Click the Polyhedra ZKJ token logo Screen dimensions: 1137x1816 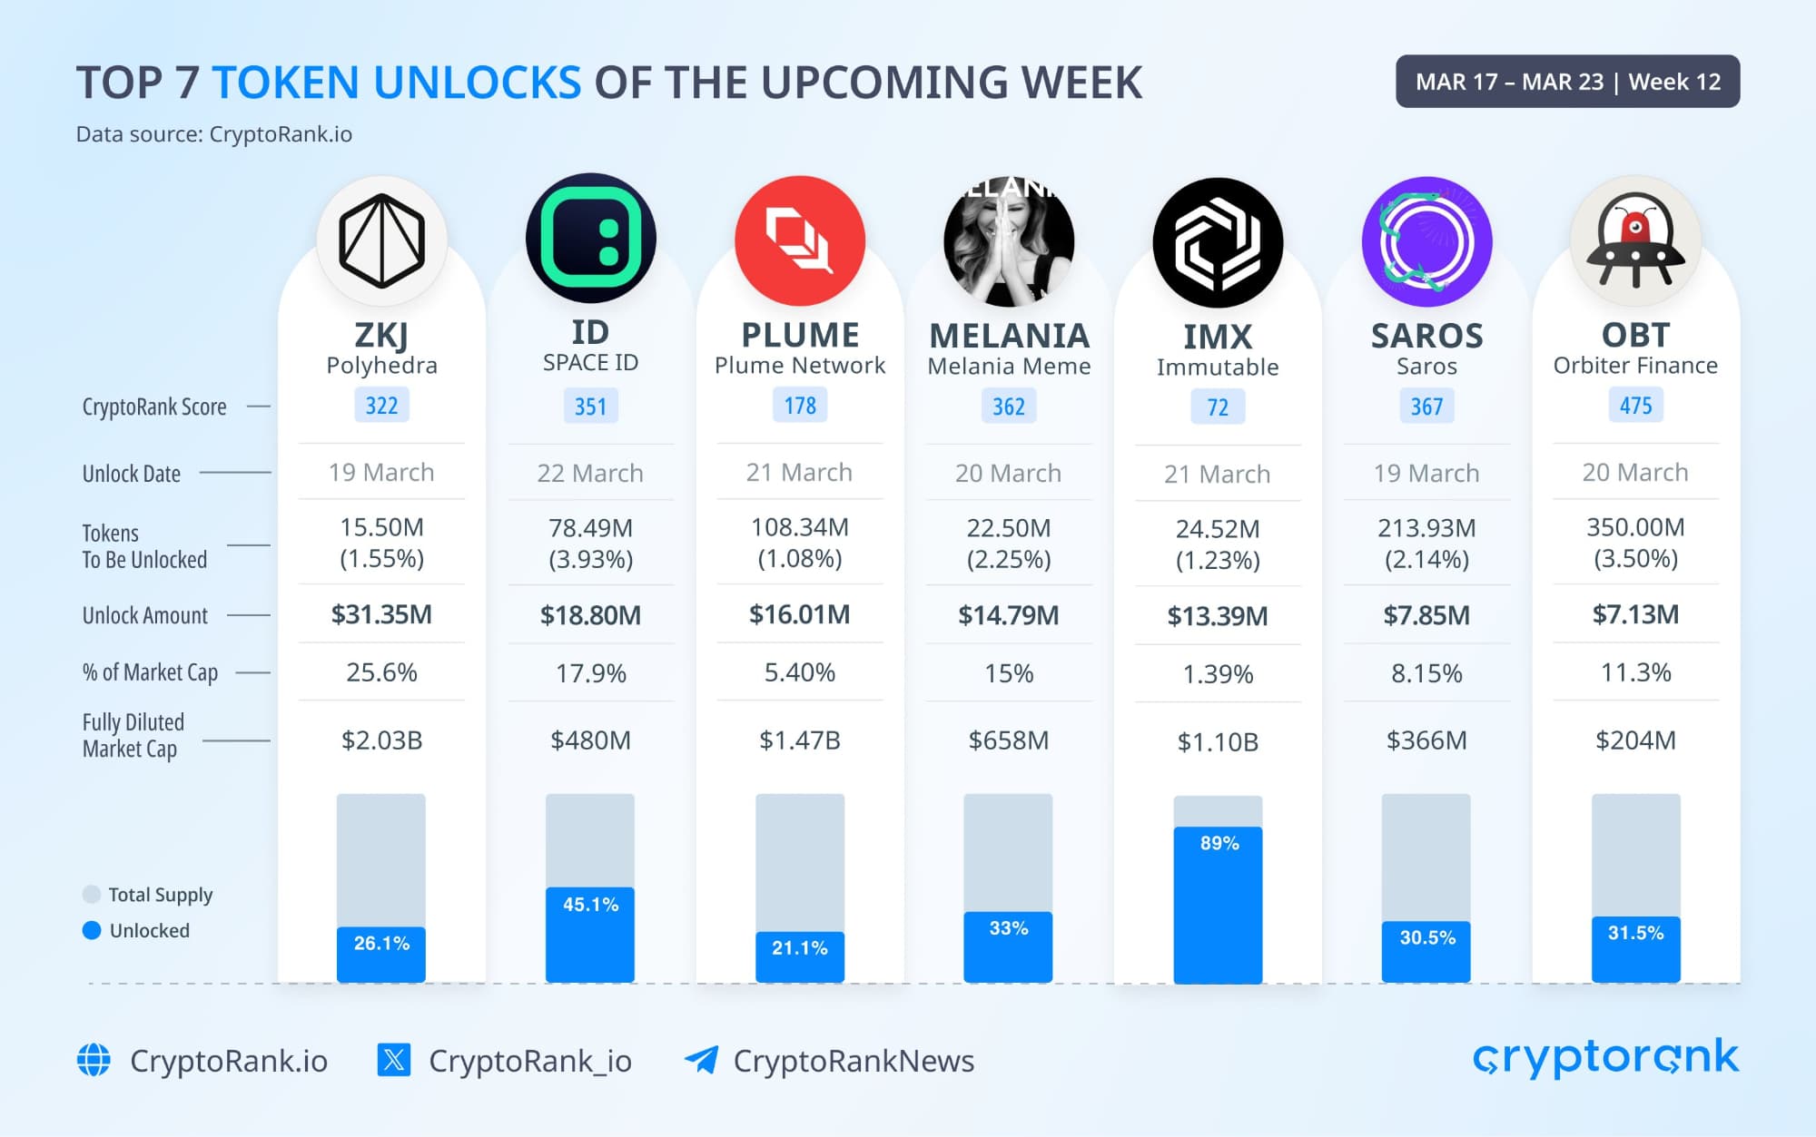[381, 240]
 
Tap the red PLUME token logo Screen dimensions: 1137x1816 [799, 240]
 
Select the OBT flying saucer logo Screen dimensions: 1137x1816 [1635, 240]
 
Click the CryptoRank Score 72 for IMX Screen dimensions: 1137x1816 [1218, 407]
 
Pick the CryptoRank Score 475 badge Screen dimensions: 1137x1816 [1635, 406]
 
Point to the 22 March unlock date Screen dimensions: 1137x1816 [590, 473]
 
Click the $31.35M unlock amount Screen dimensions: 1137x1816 [381, 614]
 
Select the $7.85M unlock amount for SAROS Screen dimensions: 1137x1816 [1426, 615]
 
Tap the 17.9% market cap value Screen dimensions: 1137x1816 [590, 673]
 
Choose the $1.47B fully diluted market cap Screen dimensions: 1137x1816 [799, 740]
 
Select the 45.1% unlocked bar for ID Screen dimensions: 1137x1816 [590, 934]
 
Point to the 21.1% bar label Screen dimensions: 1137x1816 [799, 948]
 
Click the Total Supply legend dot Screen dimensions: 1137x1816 [92, 895]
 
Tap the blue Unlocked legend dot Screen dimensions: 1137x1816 [92, 930]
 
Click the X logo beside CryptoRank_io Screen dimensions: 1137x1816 [394, 1060]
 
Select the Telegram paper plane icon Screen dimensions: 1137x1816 [701, 1060]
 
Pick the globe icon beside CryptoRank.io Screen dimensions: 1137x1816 [94, 1060]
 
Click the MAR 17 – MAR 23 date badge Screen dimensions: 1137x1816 [1567, 82]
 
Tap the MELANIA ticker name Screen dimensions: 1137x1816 [1009, 337]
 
